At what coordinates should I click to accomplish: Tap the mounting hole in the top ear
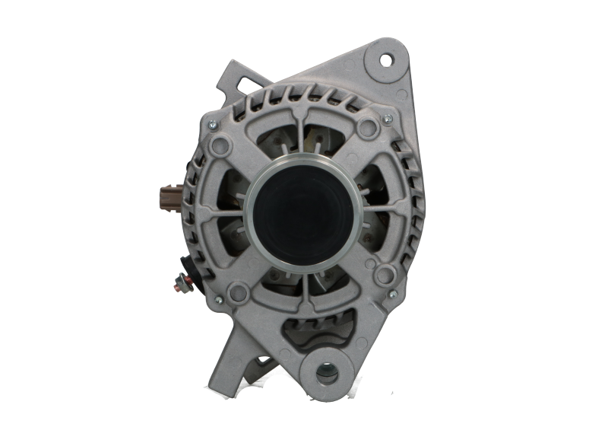coord(385,59)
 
